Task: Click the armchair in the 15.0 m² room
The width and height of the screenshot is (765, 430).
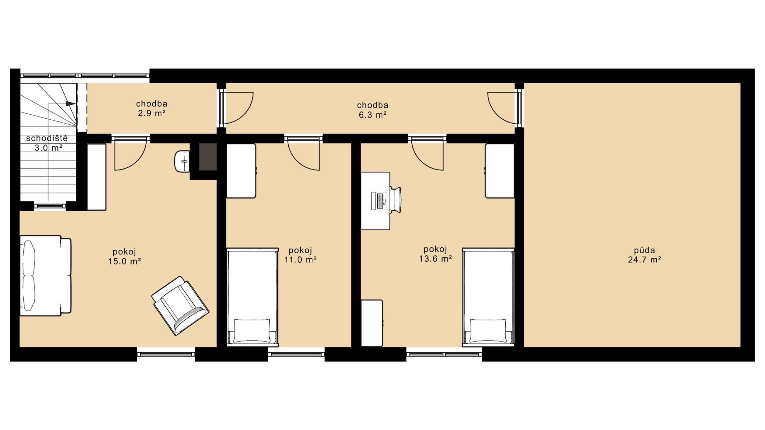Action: (180, 306)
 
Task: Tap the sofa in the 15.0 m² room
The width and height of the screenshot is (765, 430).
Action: (45, 276)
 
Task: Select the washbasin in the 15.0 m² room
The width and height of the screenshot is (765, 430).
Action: (182, 161)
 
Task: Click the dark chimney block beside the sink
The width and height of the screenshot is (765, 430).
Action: (208, 157)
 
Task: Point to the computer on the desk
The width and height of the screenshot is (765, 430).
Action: (379, 201)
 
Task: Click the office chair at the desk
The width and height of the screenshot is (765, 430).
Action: (396, 200)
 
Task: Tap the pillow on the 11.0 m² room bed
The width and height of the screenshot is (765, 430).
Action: (252, 331)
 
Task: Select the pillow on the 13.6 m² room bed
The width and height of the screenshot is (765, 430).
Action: (488, 331)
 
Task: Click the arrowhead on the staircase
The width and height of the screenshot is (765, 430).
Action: (71, 104)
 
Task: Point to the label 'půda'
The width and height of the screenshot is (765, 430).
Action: (644, 250)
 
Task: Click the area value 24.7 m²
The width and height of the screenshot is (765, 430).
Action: (644, 260)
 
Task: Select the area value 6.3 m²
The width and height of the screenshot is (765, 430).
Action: (373, 115)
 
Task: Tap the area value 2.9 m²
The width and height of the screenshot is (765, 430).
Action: (152, 114)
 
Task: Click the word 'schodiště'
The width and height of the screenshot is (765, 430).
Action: (47, 138)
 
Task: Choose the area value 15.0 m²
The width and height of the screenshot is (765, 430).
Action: (124, 261)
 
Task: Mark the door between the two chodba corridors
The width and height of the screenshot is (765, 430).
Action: (237, 108)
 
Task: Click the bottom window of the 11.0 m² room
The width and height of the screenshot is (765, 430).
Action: (296, 354)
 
